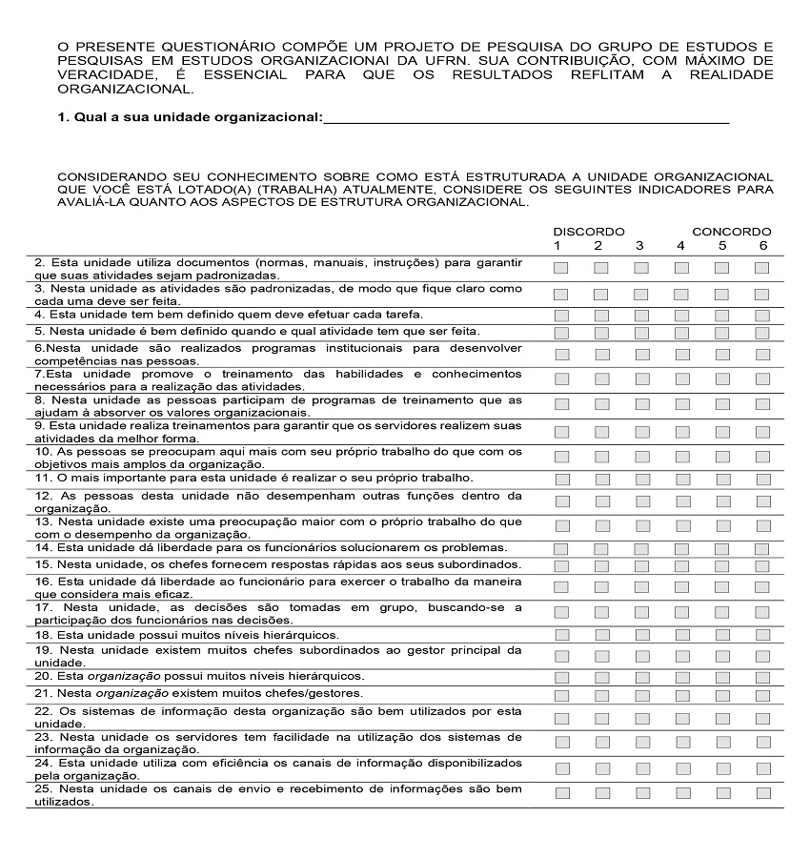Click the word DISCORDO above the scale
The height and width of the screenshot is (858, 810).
point(589,232)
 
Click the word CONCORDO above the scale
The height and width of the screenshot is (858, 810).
point(732,232)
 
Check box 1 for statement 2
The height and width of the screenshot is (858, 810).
point(560,268)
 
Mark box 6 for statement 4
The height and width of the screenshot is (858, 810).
point(762,315)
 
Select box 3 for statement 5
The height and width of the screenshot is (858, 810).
point(641,333)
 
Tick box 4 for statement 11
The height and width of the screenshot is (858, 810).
point(681,479)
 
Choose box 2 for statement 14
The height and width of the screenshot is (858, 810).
point(601,549)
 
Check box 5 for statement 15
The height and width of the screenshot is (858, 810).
point(721,566)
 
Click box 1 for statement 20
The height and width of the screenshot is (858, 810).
point(560,677)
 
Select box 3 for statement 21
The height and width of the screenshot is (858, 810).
point(641,694)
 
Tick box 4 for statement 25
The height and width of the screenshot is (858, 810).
point(681,793)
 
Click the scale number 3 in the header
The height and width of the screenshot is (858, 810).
point(640,246)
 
